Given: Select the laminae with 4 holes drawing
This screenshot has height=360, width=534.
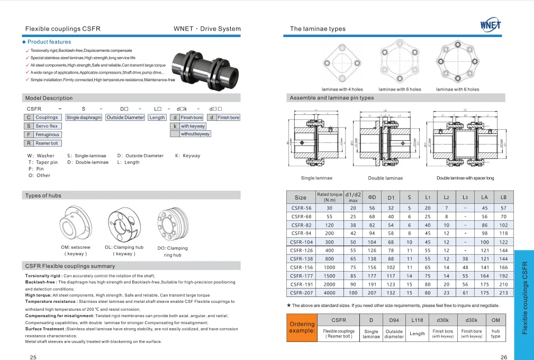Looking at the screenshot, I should coord(341,62).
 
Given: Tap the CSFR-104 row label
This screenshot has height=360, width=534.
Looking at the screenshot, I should coord(301,241).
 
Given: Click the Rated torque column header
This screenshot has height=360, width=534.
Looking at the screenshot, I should coord(329,197).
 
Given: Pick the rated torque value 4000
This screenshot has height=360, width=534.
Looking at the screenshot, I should coord(329,292).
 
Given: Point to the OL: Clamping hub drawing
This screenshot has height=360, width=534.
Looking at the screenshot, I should coord(124,224).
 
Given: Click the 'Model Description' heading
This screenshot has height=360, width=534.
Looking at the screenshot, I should coord(49,98).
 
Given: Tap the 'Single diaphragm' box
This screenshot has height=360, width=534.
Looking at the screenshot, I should coord(84,118).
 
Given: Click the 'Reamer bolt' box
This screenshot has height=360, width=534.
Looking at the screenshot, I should coord(48,143).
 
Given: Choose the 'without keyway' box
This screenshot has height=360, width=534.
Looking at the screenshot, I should coord(195,134).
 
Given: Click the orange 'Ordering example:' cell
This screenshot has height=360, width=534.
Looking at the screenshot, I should coord(302,327).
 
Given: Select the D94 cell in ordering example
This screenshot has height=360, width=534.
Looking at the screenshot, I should coord(394,320).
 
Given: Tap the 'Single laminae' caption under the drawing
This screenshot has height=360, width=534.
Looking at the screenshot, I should coord(316,178).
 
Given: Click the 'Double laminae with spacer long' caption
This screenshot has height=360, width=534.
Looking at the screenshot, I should coord(465,178).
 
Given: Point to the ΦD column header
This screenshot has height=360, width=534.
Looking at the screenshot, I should coord(372,197).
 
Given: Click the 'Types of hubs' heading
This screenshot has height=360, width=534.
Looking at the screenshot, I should coord(43,195).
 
